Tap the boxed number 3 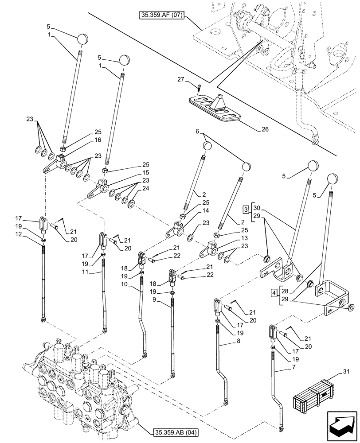point(245,208)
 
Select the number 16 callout point(98,140)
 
